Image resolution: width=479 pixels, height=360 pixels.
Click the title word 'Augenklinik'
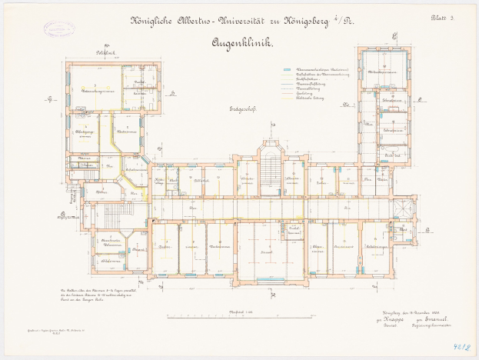[244, 44]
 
